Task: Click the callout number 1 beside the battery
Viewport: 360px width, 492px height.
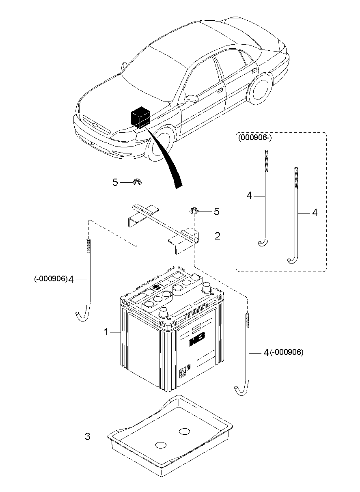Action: [x=106, y=332]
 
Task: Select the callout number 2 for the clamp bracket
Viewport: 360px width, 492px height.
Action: [x=218, y=236]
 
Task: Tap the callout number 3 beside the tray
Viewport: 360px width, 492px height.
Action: [x=87, y=437]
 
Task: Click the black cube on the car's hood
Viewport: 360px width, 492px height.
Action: [x=139, y=117]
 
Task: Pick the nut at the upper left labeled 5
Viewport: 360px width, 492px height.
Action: [x=136, y=183]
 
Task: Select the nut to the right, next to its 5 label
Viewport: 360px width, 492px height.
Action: [x=193, y=211]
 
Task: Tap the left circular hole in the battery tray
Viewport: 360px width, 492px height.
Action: [x=161, y=445]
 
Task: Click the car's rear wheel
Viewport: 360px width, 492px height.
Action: [x=260, y=90]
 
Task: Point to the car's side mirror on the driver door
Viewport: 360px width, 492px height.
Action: [x=191, y=98]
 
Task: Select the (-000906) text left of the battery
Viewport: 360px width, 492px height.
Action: [x=50, y=279]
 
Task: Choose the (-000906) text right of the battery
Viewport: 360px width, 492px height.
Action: [x=287, y=352]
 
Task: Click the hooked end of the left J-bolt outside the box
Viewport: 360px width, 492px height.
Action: [x=80, y=316]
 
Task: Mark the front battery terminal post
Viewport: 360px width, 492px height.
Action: [x=164, y=313]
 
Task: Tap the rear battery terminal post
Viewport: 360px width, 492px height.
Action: [x=207, y=287]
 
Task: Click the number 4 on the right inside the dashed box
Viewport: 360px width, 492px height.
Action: [x=315, y=212]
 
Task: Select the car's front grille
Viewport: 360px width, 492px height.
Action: [x=96, y=125]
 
